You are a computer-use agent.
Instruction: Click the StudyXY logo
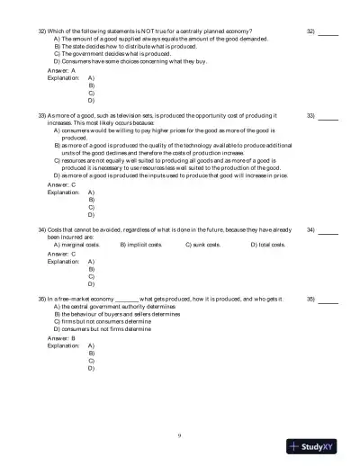pyautogui.click(x=319, y=446)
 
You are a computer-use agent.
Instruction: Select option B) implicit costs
pyautogui.click(x=141, y=244)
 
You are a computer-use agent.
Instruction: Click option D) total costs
pyautogui.click(x=267, y=244)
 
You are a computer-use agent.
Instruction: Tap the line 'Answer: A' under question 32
pyautogui.click(x=61, y=69)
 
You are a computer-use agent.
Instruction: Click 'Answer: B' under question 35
pyautogui.click(x=61, y=338)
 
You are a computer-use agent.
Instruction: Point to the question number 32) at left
pyautogui.click(x=42, y=31)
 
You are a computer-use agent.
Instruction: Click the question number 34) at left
pyautogui.click(x=42, y=230)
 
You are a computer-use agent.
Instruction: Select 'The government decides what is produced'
pyautogui.click(x=109, y=53)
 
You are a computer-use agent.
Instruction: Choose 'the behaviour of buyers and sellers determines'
pyautogui.click(x=116, y=314)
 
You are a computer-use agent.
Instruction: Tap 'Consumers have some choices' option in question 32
pyautogui.click(x=114, y=61)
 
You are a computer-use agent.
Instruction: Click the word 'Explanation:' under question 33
pyautogui.click(x=63, y=193)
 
